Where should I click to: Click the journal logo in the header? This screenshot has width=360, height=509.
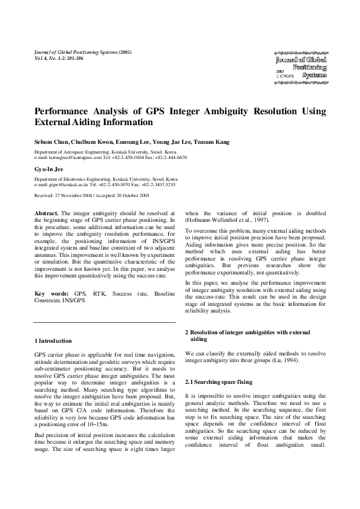click(x=301, y=67)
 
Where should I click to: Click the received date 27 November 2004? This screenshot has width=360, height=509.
click(x=77, y=196)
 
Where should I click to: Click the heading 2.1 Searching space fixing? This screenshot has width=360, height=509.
click(x=217, y=383)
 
